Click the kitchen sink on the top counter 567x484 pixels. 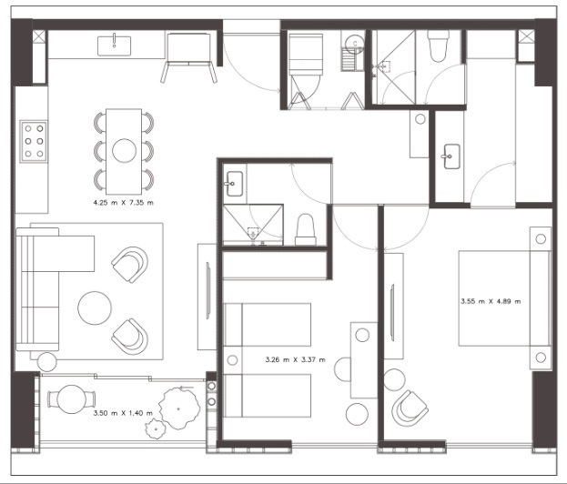(x=115, y=45)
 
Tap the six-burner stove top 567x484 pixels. (x=34, y=141)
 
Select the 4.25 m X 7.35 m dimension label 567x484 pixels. (x=123, y=202)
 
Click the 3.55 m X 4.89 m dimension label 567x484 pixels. (x=491, y=301)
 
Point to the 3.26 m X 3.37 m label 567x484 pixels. (x=296, y=359)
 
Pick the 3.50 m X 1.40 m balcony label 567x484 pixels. (x=123, y=413)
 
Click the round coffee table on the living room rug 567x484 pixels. (x=95, y=308)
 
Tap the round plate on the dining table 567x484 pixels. (x=124, y=150)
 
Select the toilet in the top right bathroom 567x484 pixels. (x=438, y=45)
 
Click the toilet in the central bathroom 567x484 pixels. (x=306, y=229)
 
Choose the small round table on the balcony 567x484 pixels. (x=72, y=399)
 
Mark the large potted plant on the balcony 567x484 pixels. (x=179, y=408)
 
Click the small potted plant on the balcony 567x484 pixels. (x=156, y=429)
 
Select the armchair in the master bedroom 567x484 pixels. (x=410, y=408)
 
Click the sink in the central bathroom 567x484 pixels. (x=234, y=184)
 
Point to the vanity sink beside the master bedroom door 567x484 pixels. (x=451, y=156)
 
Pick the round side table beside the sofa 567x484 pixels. (x=47, y=361)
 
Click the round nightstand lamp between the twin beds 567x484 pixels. (x=232, y=360)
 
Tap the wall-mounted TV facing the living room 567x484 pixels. (x=208, y=290)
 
